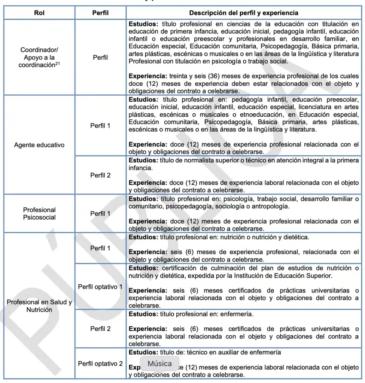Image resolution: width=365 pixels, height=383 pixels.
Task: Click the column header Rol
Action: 39,13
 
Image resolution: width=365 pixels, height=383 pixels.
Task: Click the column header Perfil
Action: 100,13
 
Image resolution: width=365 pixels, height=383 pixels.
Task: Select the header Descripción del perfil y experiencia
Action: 244,13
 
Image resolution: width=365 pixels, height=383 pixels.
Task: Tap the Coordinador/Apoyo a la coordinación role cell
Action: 39,57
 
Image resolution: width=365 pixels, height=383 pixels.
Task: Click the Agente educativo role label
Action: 39,145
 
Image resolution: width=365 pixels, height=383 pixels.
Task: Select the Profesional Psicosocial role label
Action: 39,214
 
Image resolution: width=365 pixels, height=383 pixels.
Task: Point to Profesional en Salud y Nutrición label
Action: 39,306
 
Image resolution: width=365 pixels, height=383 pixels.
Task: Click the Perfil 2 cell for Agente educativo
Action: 100,175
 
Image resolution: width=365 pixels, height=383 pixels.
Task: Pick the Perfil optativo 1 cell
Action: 100,287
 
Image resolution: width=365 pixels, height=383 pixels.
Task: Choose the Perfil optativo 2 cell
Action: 100,364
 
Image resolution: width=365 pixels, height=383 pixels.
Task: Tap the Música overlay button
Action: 160,363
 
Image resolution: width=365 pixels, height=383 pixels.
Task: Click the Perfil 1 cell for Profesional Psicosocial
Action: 100,214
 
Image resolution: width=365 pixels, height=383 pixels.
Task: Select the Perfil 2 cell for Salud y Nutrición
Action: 100,329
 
